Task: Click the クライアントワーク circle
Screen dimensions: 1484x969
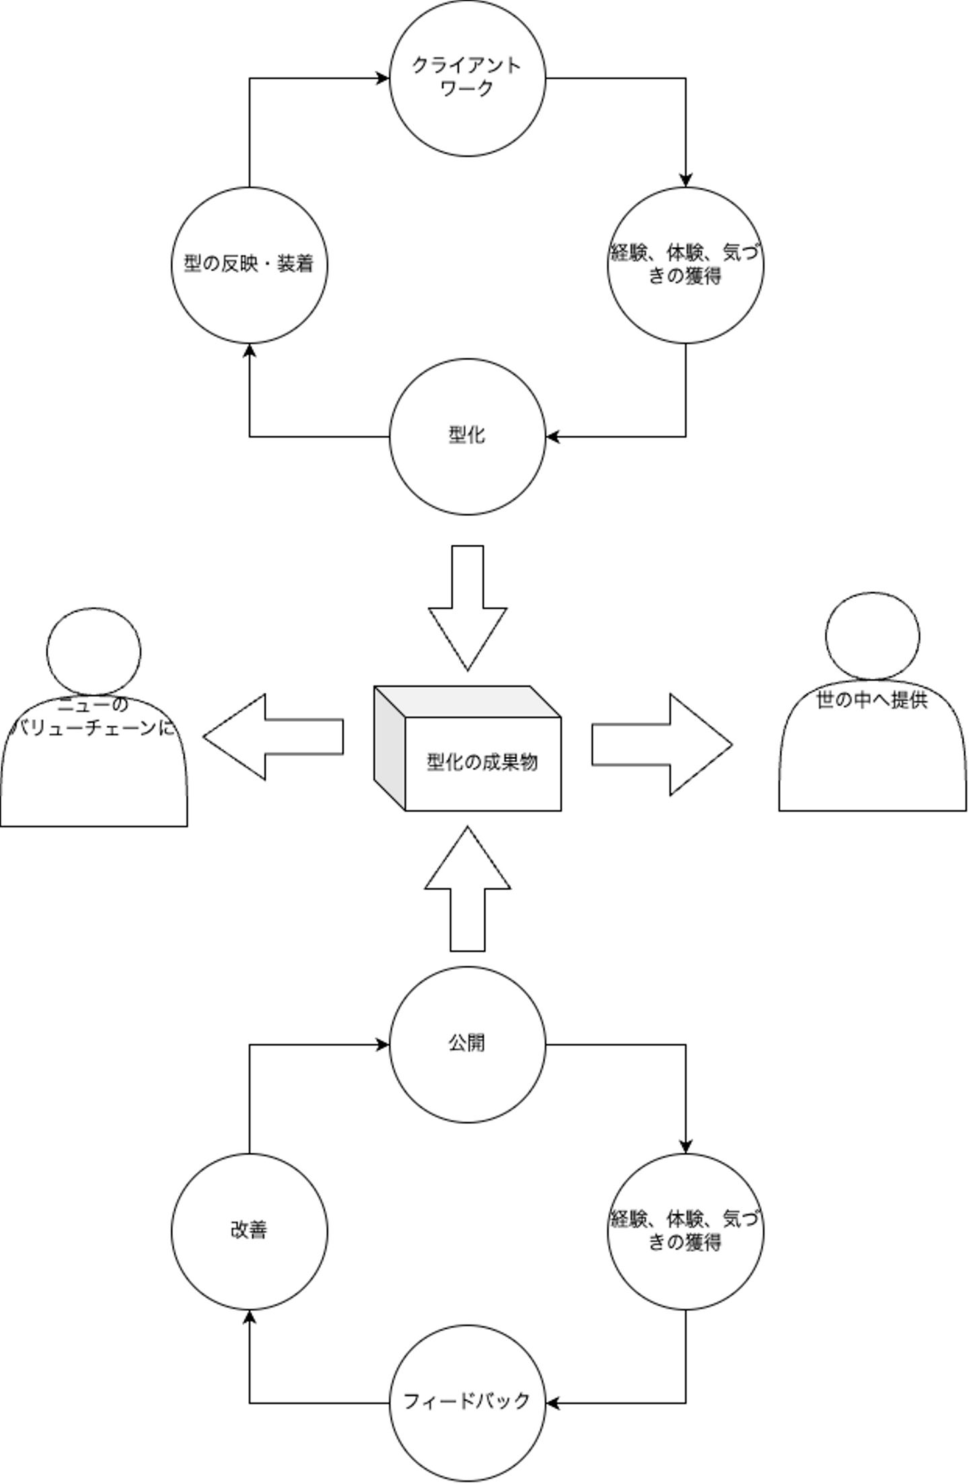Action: click(467, 78)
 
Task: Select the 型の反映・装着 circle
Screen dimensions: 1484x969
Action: click(249, 265)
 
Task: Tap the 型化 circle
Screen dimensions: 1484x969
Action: click(467, 436)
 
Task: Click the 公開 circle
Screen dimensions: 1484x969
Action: click(467, 1044)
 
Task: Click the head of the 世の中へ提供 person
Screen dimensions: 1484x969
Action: click(872, 636)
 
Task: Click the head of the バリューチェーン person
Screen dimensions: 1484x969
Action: click(94, 651)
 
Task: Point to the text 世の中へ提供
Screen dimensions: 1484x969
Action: click(872, 700)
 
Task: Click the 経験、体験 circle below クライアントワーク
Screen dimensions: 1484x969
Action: click(685, 265)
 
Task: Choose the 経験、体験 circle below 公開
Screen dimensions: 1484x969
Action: click(685, 1232)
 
